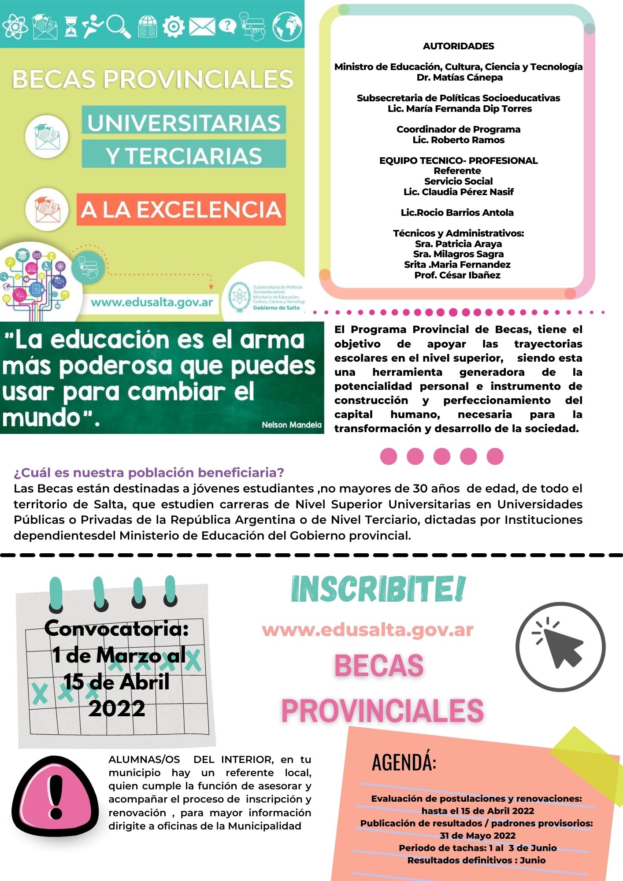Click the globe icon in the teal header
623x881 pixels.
click(x=287, y=26)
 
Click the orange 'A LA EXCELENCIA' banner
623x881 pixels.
click(x=181, y=210)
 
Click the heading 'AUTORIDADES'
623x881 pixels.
click(x=458, y=46)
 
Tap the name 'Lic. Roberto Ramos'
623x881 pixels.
click(x=458, y=140)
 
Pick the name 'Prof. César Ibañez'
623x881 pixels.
click(x=457, y=275)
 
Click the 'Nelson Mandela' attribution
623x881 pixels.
click(x=291, y=425)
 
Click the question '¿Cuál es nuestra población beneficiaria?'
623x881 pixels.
click(x=149, y=473)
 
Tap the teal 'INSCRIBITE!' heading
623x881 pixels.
click(x=378, y=589)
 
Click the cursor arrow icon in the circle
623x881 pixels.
click(x=560, y=647)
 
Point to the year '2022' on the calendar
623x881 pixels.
click(x=117, y=708)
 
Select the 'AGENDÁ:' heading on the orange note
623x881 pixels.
click(x=404, y=763)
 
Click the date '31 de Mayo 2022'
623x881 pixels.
click(x=478, y=836)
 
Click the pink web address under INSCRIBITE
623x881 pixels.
click(x=367, y=630)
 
